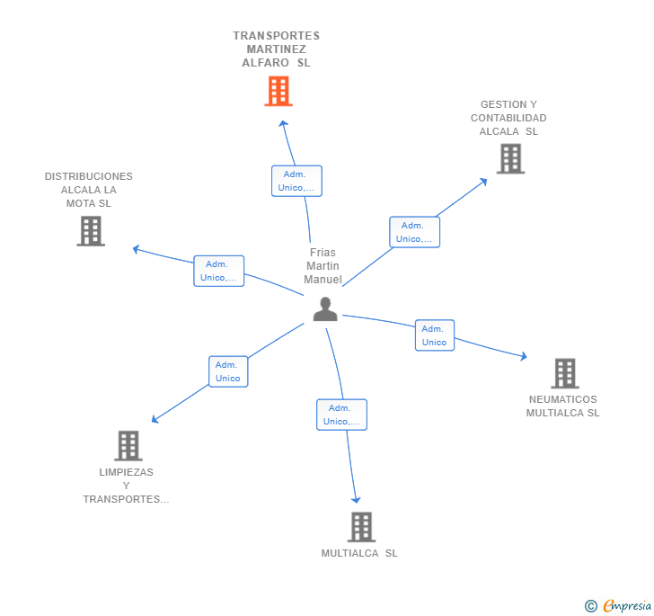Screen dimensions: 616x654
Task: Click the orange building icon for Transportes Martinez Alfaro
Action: click(278, 91)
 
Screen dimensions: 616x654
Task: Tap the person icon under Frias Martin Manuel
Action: click(325, 308)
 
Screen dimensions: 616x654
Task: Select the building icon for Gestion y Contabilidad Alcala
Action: click(510, 159)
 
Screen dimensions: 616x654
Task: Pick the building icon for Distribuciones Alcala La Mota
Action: click(91, 231)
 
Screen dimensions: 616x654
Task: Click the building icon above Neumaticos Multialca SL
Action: click(564, 373)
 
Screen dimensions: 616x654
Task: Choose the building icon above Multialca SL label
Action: click(360, 527)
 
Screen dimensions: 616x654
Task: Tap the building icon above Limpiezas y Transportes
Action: click(128, 445)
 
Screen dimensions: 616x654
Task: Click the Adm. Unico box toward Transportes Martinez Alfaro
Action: click(296, 181)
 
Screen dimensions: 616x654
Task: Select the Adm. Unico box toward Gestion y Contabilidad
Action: click(414, 232)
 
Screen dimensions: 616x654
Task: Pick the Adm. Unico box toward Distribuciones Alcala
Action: click(219, 271)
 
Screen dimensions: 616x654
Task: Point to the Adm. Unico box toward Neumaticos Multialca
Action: click(434, 335)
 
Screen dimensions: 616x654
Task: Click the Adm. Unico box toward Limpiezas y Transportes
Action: click(228, 371)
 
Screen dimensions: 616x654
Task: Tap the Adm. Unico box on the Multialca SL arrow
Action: click(341, 415)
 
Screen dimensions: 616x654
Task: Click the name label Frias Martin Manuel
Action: click(323, 266)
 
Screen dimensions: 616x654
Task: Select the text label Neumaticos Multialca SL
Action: click(562, 406)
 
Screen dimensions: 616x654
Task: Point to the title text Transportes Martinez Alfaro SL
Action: click(276, 49)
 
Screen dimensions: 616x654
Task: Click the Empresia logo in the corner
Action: click(619, 606)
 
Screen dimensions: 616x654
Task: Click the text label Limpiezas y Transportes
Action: click(126, 486)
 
